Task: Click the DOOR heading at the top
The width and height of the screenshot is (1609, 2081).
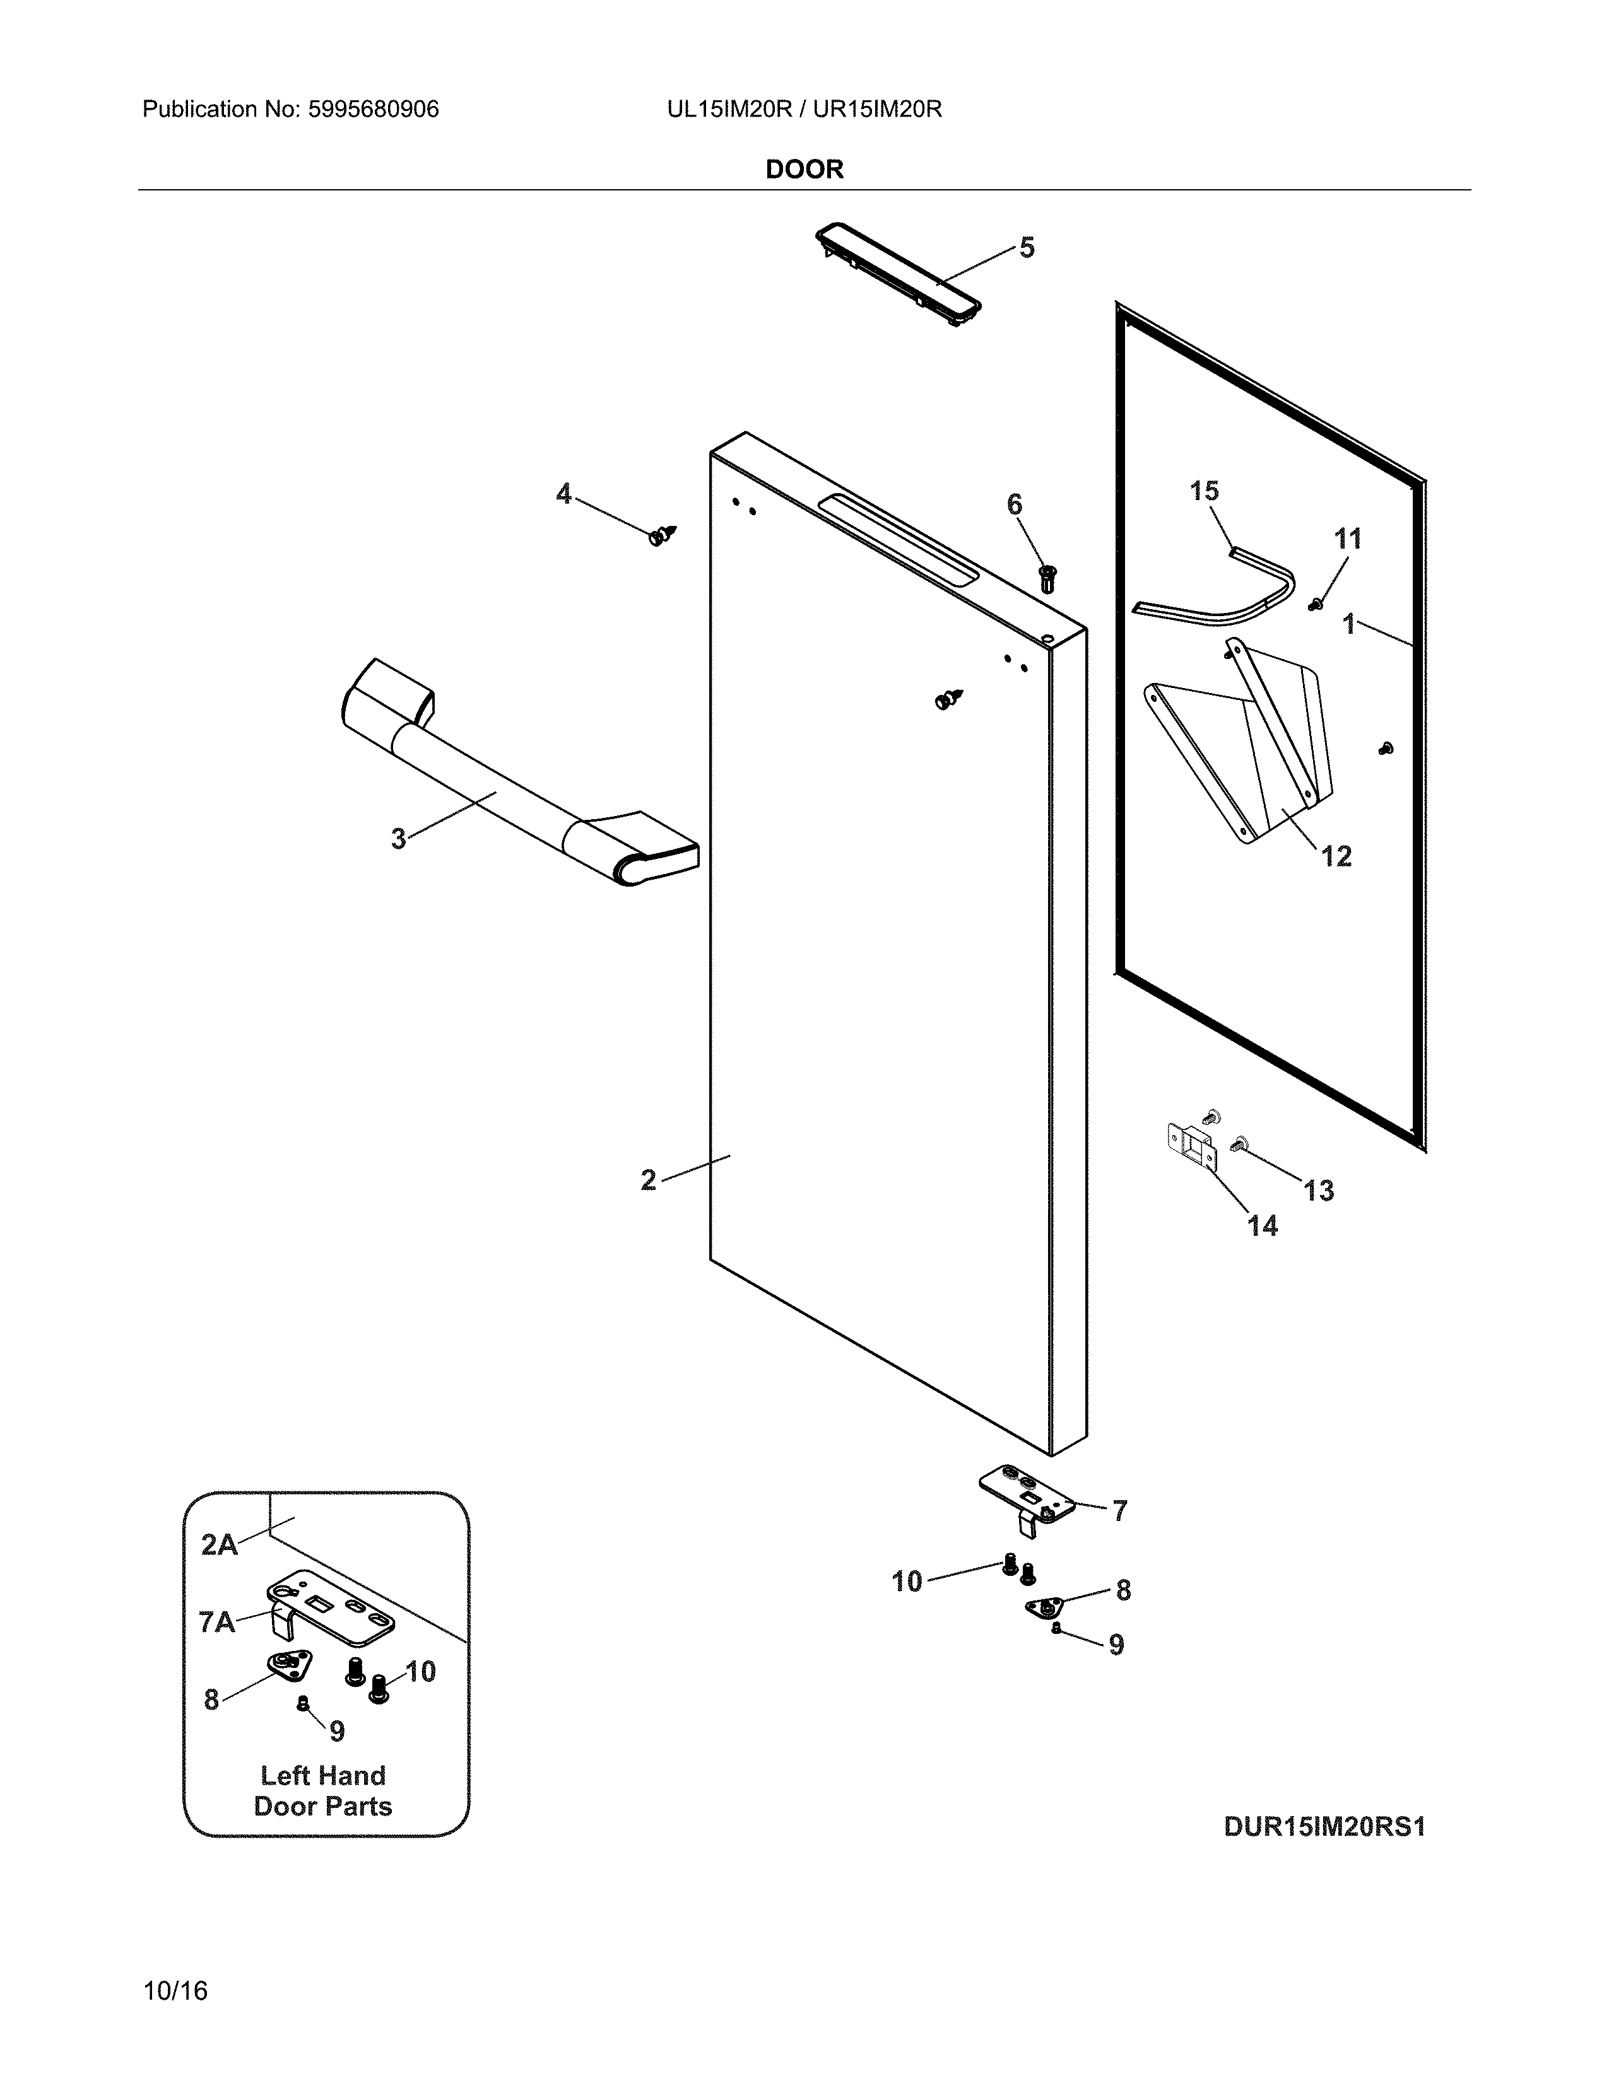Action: [803, 170]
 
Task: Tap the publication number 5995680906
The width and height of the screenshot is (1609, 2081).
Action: [373, 110]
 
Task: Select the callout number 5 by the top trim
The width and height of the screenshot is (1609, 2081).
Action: [1027, 248]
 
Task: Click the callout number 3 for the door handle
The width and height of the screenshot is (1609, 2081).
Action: [398, 839]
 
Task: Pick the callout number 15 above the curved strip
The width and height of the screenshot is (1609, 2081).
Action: [1204, 491]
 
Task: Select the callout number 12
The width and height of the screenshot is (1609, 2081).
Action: [1336, 856]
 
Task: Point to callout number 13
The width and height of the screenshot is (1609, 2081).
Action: [1318, 1190]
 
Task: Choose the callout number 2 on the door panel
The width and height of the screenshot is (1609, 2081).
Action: [648, 1180]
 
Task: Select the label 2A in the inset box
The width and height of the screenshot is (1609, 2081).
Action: [219, 1544]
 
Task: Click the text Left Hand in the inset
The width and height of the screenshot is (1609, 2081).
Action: [323, 1775]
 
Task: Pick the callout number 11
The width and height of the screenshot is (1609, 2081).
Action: [1347, 539]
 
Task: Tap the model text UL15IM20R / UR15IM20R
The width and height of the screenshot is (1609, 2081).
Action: [803, 110]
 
